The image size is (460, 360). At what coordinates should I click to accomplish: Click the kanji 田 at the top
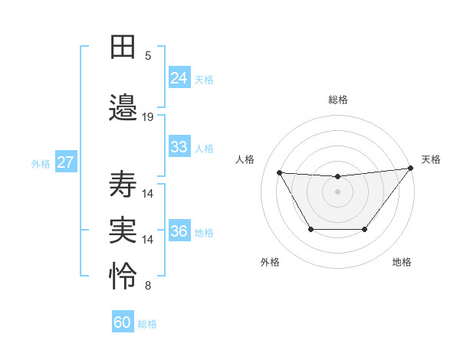(123, 47)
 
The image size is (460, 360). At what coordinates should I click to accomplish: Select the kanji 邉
(123, 106)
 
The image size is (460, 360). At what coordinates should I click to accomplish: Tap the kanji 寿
(123, 184)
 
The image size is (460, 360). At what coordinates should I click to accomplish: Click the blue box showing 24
(179, 77)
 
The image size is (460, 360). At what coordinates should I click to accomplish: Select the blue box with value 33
(179, 147)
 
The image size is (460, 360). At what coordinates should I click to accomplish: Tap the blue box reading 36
(179, 231)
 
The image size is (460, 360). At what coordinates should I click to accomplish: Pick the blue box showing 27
(65, 162)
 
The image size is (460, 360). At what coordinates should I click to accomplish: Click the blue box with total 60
(123, 322)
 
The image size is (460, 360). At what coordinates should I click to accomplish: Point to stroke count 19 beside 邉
(148, 117)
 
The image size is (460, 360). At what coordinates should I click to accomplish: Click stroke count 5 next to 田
(148, 56)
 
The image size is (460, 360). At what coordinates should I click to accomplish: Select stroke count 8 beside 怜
(148, 286)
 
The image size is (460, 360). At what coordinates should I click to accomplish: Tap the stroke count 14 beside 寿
(148, 194)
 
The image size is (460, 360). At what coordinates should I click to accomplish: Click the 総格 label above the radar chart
(337, 100)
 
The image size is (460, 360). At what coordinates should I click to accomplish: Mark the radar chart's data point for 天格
(410, 168)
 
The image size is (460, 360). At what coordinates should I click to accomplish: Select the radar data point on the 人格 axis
(279, 172)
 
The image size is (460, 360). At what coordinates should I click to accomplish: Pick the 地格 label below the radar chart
(402, 262)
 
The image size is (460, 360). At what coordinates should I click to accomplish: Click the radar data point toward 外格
(310, 229)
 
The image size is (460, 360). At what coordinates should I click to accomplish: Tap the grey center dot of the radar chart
(337, 191)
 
